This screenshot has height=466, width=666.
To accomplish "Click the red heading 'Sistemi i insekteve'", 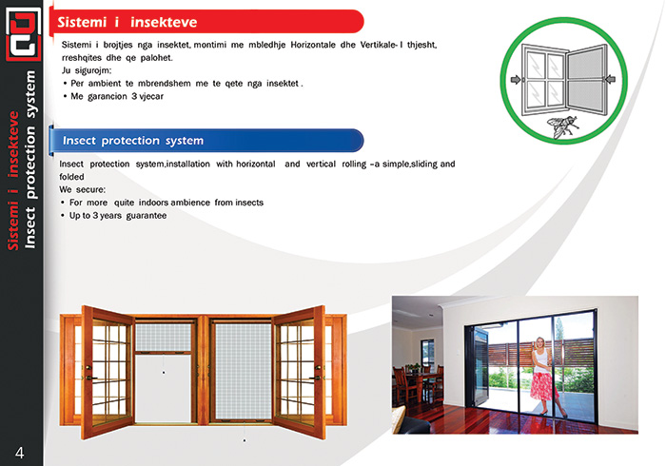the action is point(127,22).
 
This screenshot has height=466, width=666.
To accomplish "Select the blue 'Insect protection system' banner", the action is point(206,140).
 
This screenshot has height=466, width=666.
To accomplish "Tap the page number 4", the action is point(20,453).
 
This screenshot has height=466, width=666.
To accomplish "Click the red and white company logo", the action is point(24,34).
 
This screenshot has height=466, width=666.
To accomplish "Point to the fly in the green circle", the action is point(563,126).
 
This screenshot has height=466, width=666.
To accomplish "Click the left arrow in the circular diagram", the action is point(516,79).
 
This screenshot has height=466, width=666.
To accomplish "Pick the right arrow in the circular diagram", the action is point(611,79).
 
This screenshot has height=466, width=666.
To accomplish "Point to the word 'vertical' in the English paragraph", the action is point(321,164).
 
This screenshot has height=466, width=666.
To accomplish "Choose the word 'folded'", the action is point(71,177).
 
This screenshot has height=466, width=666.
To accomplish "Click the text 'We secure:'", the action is point(83,189).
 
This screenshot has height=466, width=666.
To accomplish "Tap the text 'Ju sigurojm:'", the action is point(87,70).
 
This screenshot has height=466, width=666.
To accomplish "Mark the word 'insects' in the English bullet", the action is point(249,203).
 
